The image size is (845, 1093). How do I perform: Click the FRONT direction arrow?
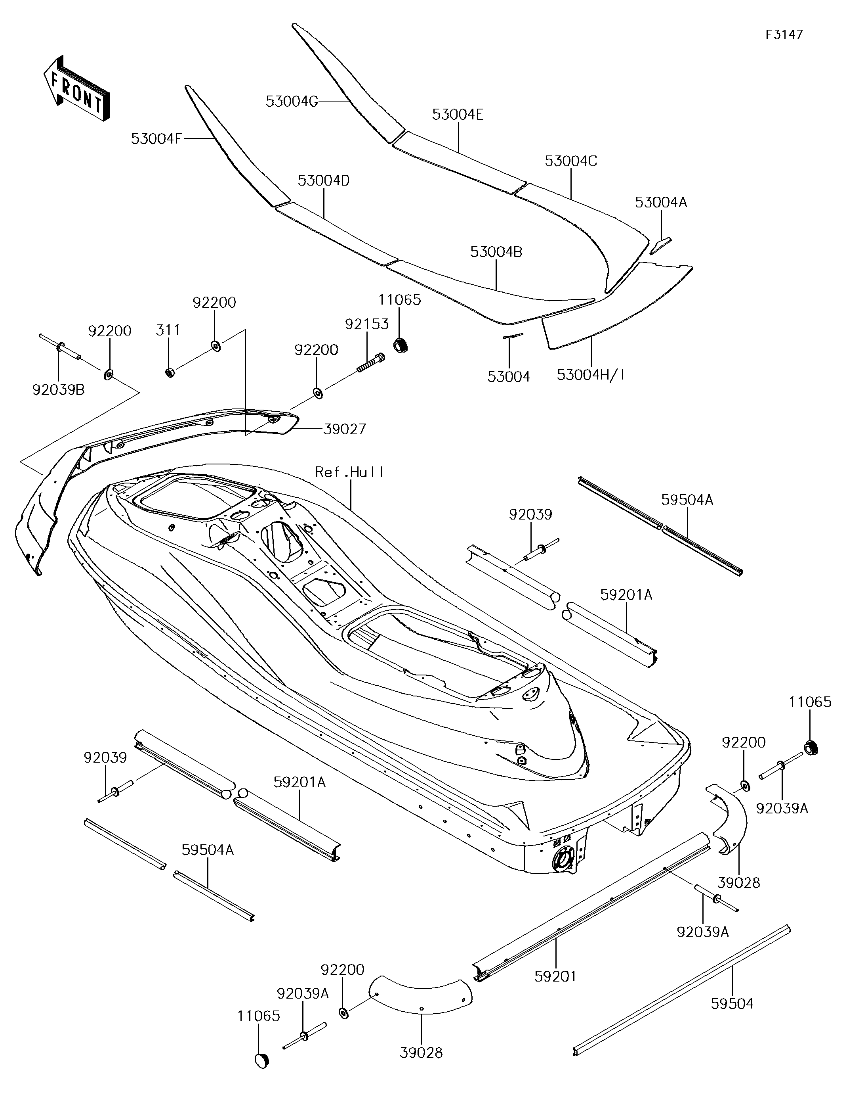coord(76,88)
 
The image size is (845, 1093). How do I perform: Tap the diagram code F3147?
coord(784,35)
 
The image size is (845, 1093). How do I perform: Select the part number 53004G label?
coord(292,102)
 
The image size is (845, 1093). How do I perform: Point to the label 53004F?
coord(156,139)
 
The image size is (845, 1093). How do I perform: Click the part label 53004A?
coord(661,202)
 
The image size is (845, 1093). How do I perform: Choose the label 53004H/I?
coord(591,374)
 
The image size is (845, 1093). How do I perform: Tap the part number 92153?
coord(367,324)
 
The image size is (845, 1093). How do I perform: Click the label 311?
coord(168,330)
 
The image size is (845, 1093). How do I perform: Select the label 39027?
coord(345,429)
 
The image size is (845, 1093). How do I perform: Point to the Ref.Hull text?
coord(349,472)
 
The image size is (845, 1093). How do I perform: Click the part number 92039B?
coord(59,389)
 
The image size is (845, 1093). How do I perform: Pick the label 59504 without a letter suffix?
coord(732,1003)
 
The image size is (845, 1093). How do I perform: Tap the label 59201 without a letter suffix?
coord(555,976)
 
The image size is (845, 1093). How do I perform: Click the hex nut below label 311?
coord(170,373)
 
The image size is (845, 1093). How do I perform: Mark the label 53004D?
coord(324,181)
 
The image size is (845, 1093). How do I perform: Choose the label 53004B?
coord(496,252)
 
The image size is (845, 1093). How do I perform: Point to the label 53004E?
coord(458,115)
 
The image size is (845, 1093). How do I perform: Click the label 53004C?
coord(571,161)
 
